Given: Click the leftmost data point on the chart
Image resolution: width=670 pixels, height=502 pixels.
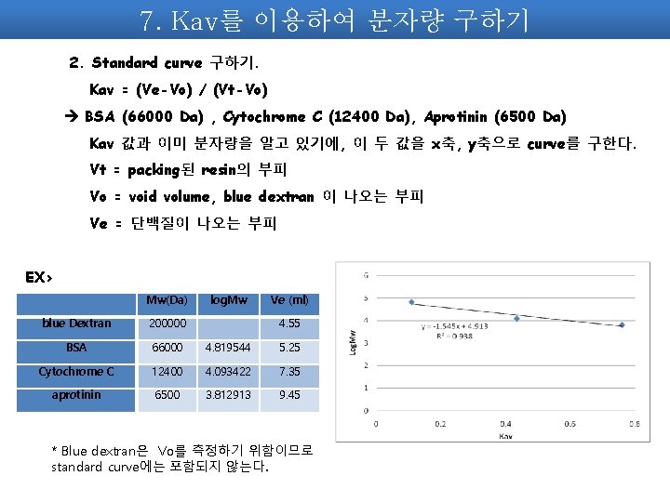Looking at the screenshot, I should point(411,302).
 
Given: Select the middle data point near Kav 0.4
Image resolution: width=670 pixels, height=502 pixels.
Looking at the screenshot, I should point(516,318).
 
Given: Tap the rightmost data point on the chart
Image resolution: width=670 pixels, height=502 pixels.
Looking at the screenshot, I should point(622,325).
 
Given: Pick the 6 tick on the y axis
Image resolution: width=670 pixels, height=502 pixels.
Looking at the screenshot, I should point(366,275).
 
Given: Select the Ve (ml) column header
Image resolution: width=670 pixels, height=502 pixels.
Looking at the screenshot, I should point(288,300).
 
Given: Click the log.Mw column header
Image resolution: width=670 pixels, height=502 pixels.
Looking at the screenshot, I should point(229,300).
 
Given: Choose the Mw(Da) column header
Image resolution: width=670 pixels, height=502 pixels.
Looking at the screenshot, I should point(167,300).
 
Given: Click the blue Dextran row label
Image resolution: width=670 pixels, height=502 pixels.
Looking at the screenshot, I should point(76,324).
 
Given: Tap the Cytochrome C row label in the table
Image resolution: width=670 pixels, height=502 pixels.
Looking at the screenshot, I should point(76,372).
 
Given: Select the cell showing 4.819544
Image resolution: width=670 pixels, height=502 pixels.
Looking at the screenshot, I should point(229,348).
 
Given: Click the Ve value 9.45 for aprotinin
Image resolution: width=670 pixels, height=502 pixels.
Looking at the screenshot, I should point(288,395).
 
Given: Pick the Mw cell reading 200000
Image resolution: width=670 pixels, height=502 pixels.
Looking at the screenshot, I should point(167,324).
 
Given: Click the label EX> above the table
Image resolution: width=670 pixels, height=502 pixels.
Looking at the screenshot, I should point(40,277).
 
